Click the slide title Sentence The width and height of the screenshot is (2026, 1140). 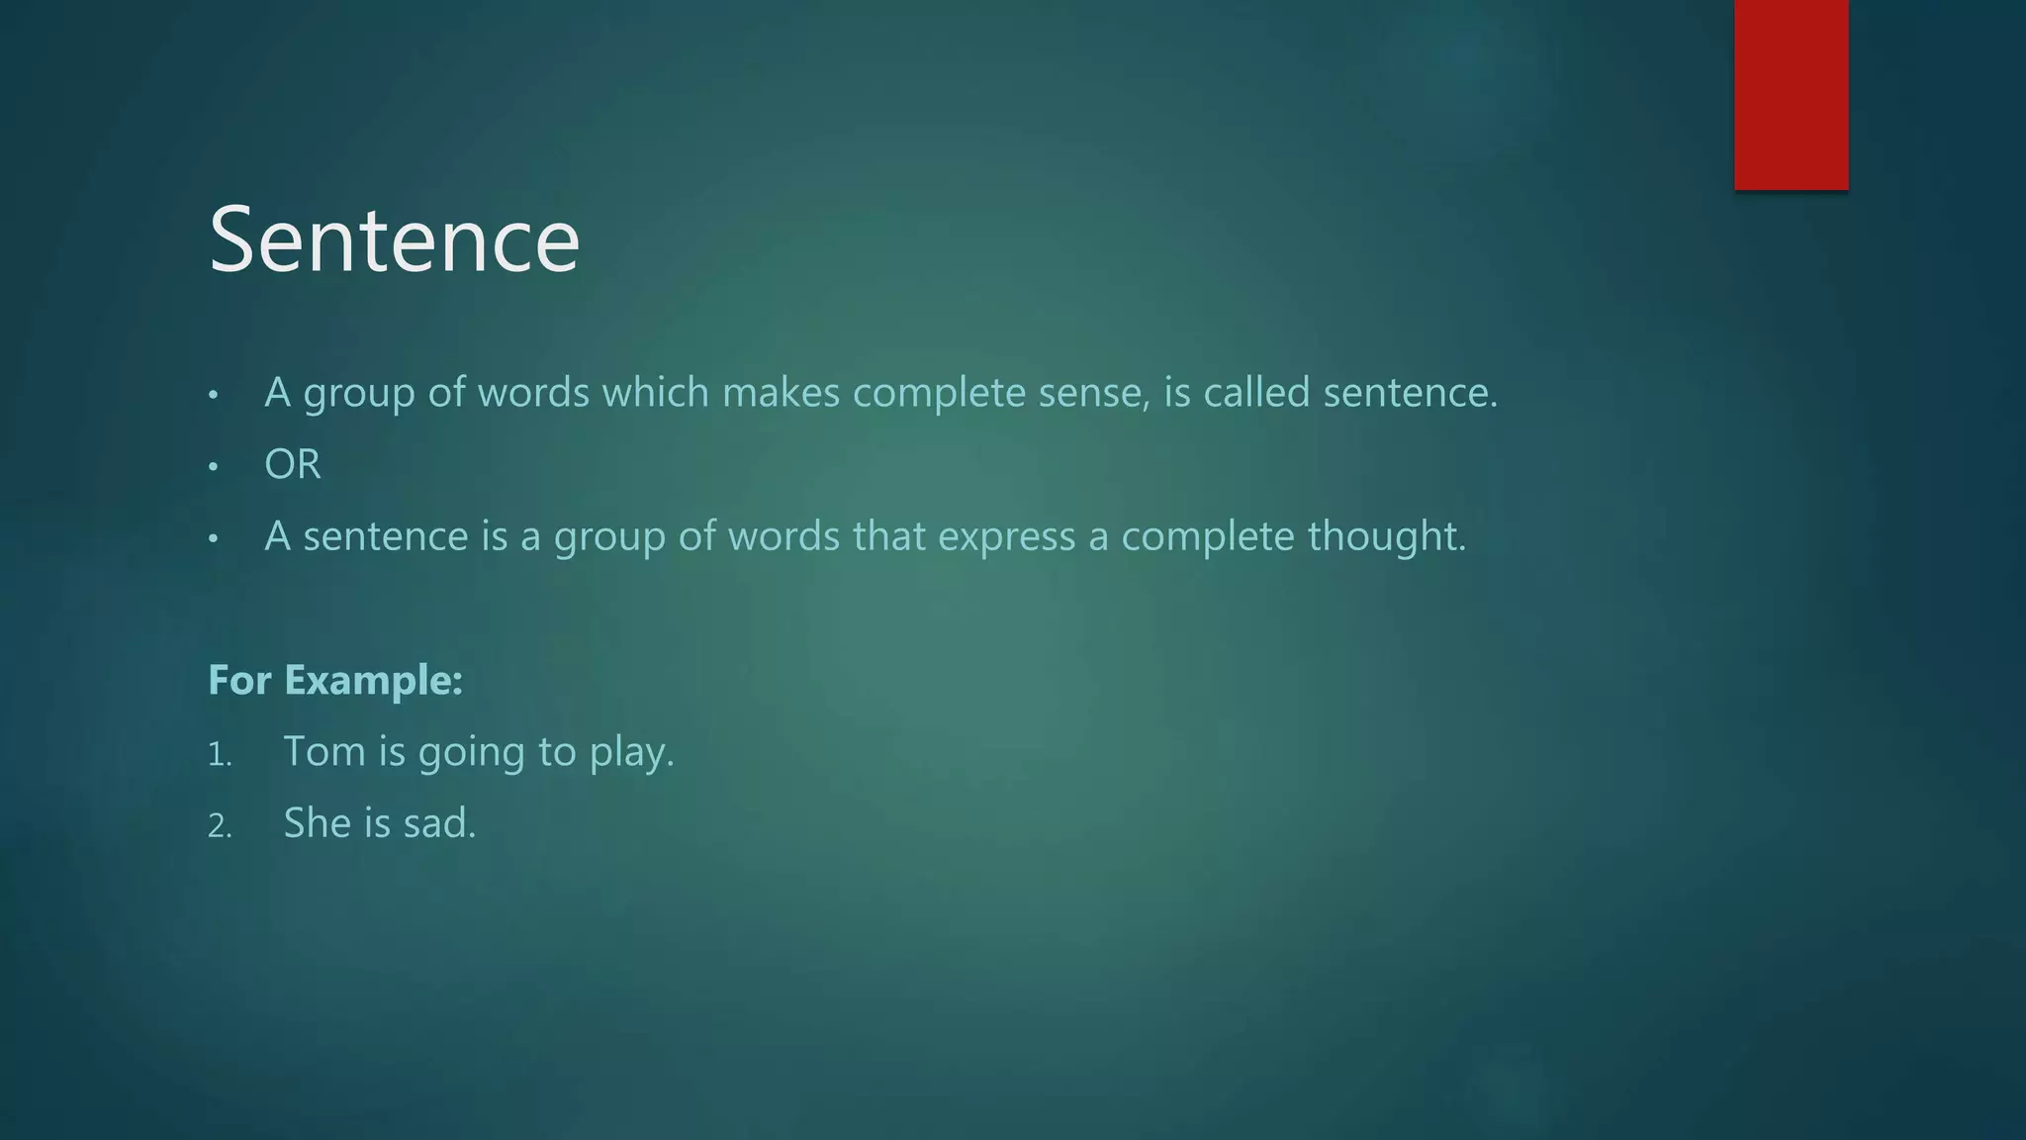394,239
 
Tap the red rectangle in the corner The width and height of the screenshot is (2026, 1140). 1791,94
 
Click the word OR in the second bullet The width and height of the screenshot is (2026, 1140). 292,464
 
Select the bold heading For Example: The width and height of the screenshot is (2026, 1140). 335,680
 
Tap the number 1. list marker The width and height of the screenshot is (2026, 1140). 220,756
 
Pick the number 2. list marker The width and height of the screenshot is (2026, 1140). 220,827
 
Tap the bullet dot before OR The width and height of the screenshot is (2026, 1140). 213,466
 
